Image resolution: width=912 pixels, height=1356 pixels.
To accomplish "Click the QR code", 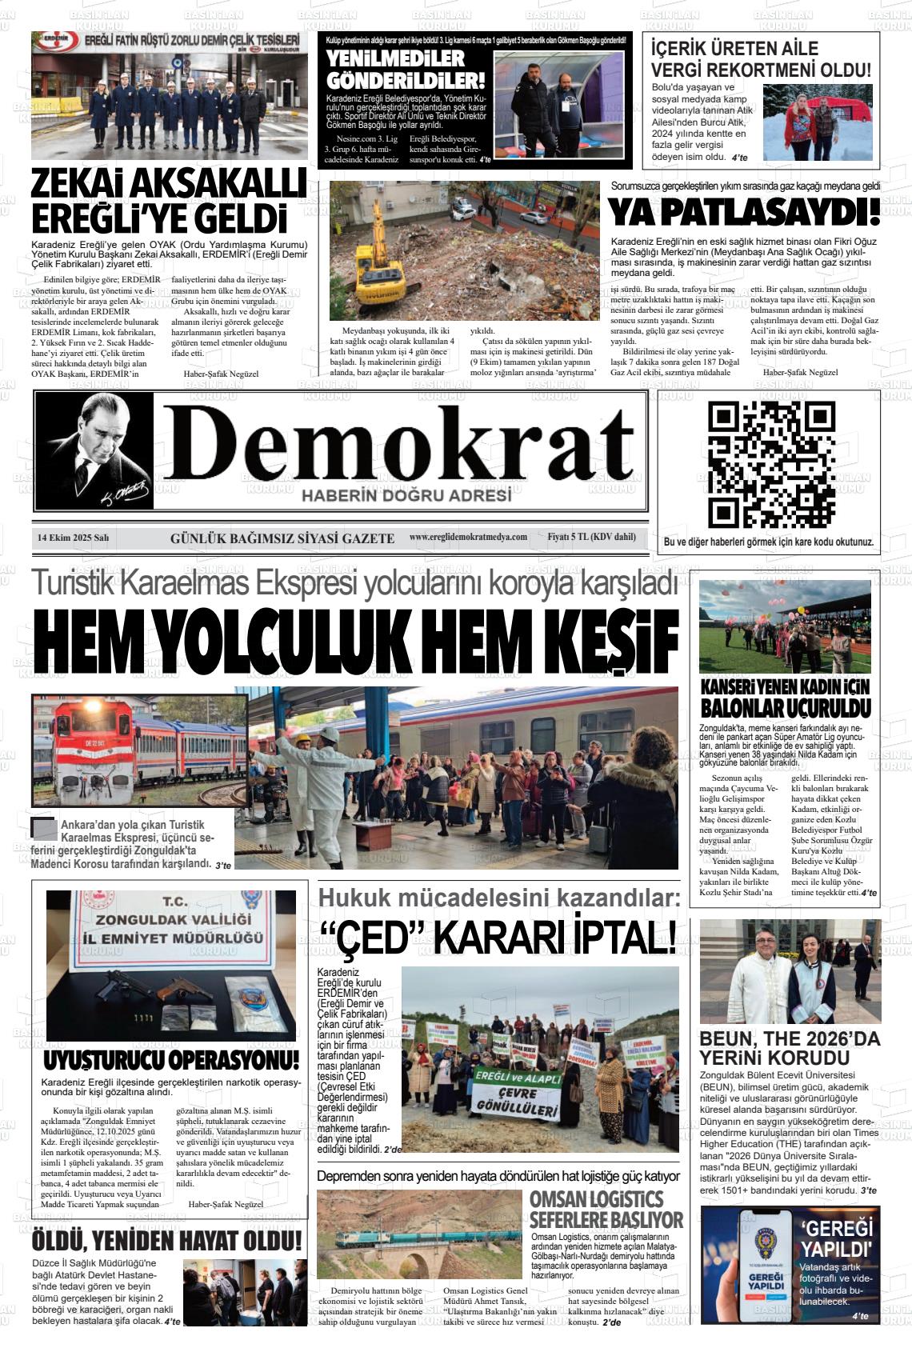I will (772, 465).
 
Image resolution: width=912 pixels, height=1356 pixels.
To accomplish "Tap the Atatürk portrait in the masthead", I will (94, 450).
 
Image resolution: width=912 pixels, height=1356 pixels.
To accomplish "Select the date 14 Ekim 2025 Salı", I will (73, 538).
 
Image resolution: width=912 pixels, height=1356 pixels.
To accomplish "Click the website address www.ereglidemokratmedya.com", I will (468, 538).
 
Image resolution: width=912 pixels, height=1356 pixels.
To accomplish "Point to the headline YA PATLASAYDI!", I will (744, 213).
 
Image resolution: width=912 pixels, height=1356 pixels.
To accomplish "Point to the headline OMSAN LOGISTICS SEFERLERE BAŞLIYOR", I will (606, 1210).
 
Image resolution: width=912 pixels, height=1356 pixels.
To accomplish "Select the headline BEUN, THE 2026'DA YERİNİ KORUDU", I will (789, 1048).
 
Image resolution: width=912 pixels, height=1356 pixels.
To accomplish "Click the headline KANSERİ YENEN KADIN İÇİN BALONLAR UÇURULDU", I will (785, 698).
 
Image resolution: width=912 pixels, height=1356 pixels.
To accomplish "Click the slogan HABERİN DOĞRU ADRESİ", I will (406, 496).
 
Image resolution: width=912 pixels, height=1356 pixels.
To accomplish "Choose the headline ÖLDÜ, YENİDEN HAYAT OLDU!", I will (167, 1241).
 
